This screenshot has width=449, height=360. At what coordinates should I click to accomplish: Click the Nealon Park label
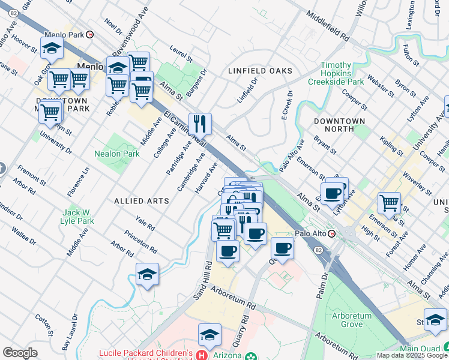click(117, 154)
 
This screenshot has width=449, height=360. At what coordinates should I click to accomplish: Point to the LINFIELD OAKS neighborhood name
click(261, 71)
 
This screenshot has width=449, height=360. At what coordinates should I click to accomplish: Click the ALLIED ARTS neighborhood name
click(142, 201)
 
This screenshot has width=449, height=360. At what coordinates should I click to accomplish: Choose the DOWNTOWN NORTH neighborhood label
click(340, 125)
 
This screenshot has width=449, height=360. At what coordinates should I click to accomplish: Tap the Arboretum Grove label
click(351, 320)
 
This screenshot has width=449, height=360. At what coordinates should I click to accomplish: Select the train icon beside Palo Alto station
click(331, 233)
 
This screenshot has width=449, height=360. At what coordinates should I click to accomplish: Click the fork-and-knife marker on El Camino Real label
click(200, 124)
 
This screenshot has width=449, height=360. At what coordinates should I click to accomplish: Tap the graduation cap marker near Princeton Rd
click(147, 274)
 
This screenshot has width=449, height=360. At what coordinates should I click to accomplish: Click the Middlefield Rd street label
click(327, 25)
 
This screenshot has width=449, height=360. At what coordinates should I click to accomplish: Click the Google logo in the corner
click(20, 353)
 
